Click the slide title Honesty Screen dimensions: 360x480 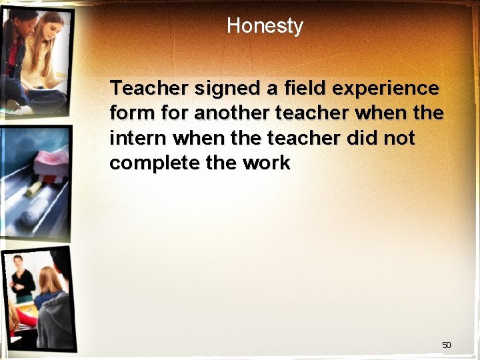point(265,26)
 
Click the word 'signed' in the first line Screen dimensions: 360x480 point(215,89)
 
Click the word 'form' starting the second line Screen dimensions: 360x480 point(129,113)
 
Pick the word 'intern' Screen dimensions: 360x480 point(138,139)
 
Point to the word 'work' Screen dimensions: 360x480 point(266,163)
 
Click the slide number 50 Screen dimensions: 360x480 point(446,345)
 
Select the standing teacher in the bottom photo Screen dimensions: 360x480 point(21,280)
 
